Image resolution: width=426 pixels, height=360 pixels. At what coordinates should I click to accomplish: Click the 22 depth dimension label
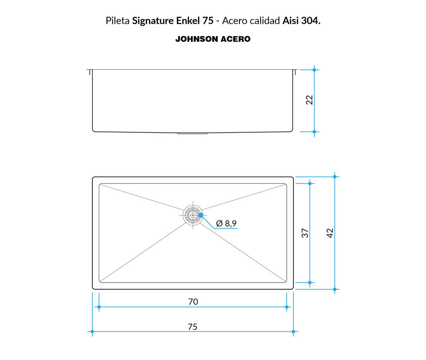pyautogui.click(x=309, y=100)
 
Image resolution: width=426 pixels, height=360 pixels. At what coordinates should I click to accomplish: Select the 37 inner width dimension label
pyautogui.click(x=305, y=233)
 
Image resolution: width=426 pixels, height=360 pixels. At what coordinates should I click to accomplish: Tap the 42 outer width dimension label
pyautogui.click(x=330, y=233)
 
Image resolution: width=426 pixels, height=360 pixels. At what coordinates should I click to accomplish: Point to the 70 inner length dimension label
pyautogui.click(x=193, y=302)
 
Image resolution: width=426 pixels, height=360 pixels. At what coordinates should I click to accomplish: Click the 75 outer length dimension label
pyautogui.click(x=193, y=327)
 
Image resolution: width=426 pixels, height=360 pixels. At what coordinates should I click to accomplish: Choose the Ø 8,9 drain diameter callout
pyautogui.click(x=226, y=223)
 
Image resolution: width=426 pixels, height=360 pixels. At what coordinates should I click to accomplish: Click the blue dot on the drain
pyautogui.click(x=201, y=215)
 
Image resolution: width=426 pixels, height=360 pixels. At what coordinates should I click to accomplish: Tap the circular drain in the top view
pyautogui.click(x=193, y=215)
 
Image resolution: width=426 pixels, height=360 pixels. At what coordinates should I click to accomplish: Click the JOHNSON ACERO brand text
pyautogui.click(x=213, y=39)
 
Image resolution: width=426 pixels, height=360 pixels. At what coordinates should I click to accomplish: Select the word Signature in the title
pyautogui.click(x=153, y=21)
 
